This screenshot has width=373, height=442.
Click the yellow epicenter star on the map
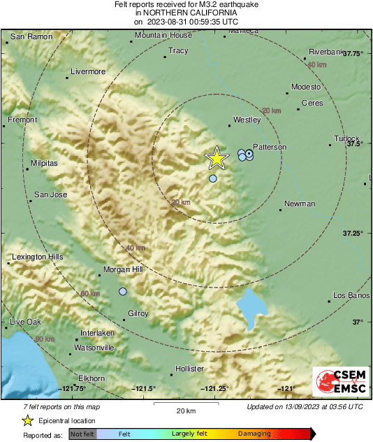[x=217, y=159]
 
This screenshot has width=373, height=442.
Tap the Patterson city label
[x=270, y=147]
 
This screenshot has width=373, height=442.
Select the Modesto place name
[x=306, y=87]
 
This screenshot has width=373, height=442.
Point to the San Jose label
[x=51, y=194]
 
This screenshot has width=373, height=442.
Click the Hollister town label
[x=189, y=369]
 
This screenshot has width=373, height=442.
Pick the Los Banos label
[x=349, y=294]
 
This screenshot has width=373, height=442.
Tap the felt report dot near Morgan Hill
[x=123, y=291]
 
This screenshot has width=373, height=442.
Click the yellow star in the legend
[x=27, y=420]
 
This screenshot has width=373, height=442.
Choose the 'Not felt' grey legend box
[x=82, y=434]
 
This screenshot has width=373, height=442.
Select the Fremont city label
[x=22, y=120]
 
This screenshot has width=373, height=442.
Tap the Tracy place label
[x=179, y=51]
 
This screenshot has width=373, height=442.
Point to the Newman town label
[x=300, y=204]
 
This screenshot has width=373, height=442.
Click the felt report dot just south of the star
[x=213, y=179]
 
